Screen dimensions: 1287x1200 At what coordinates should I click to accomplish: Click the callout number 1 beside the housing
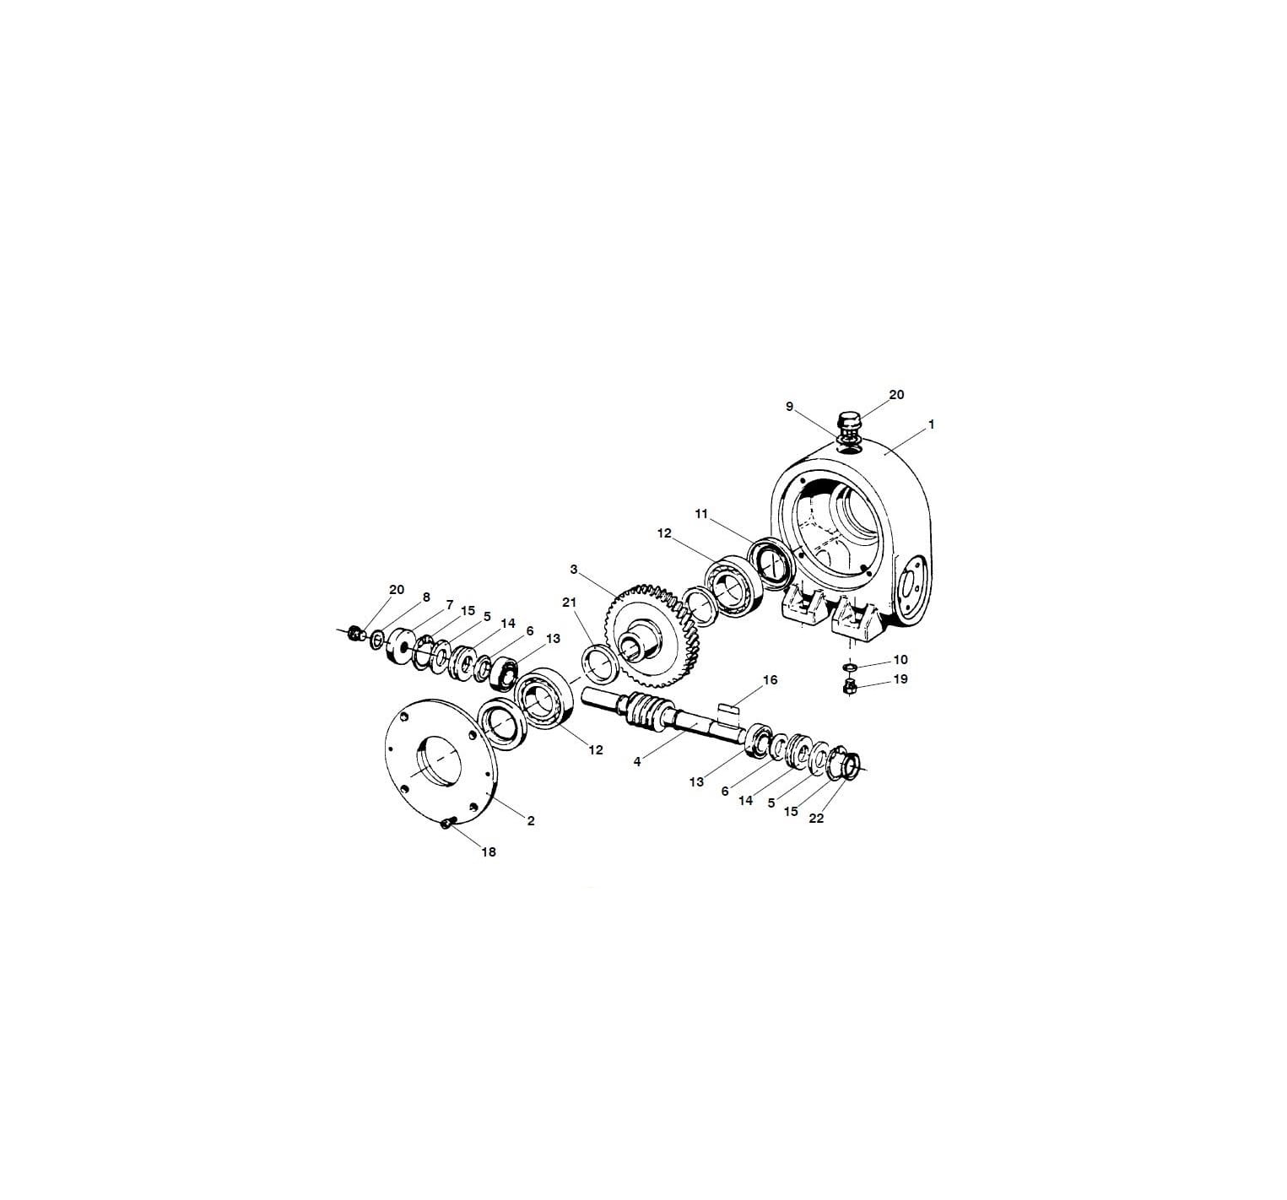click(931, 424)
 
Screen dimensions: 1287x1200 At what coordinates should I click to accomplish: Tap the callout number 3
click(574, 570)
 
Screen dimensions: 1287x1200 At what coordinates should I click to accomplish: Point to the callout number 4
click(637, 761)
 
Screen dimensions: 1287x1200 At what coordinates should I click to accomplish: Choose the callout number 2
click(531, 820)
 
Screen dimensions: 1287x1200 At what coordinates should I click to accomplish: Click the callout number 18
click(489, 851)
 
